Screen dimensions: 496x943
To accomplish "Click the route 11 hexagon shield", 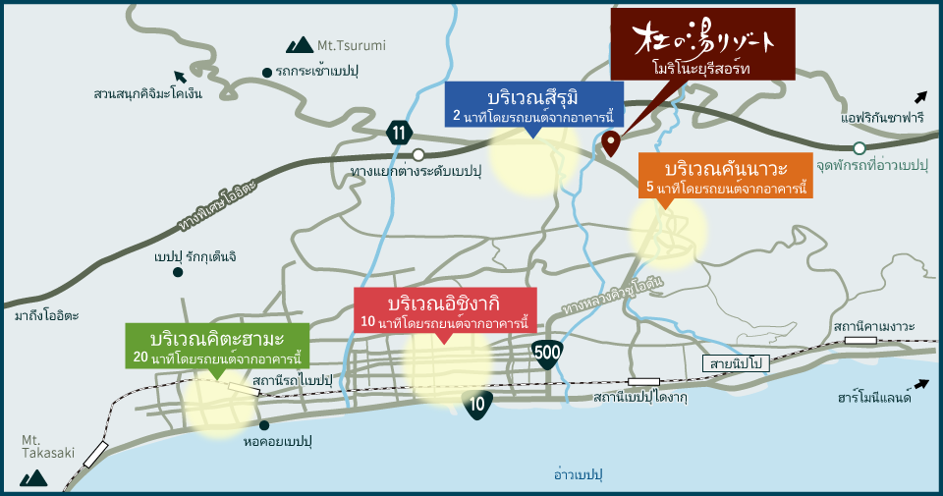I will click(398, 133).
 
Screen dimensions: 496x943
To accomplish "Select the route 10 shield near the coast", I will click(478, 404).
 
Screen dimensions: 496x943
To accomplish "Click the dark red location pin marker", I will click(610, 144).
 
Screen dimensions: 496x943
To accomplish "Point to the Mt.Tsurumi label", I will click(352, 45).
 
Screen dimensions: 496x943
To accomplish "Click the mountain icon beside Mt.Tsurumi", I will click(299, 44).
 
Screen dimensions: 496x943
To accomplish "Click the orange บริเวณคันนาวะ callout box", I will click(725, 175).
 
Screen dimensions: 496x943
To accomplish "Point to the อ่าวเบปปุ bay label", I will click(577, 475).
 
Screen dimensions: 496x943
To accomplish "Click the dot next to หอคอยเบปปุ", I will click(265, 425).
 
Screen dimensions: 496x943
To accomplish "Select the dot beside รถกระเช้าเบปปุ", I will click(267, 72).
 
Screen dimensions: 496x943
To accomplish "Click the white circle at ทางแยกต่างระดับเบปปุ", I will click(418, 154).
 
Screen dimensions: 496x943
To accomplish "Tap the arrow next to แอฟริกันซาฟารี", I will click(919, 96).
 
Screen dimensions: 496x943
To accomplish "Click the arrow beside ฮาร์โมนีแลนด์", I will click(920, 385).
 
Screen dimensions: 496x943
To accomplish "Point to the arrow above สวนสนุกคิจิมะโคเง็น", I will click(179, 77).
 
